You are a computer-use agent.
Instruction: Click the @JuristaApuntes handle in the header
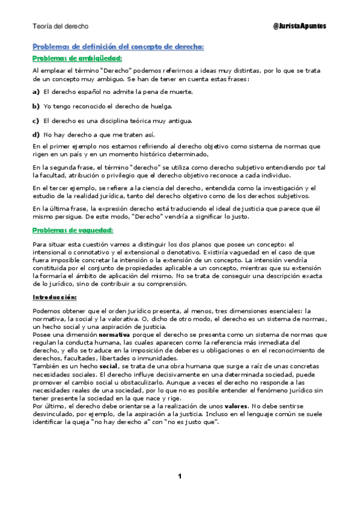tap(300, 27)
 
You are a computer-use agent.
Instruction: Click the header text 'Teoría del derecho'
tap(60, 27)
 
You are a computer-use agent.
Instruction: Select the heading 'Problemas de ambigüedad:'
tap(77, 58)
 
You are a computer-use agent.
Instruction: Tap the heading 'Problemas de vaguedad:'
tap(73, 230)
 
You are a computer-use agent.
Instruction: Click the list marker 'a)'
tap(36, 92)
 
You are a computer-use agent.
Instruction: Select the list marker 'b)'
tap(36, 106)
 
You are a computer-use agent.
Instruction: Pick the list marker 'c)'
tap(36, 121)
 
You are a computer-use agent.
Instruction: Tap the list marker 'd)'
tap(36, 135)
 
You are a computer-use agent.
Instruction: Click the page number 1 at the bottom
tap(179, 477)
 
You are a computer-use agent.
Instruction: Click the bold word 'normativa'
tap(114, 334)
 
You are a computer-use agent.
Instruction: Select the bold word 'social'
tap(108, 366)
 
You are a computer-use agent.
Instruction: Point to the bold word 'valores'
tap(228, 406)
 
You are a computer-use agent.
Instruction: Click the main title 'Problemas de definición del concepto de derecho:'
tap(118, 46)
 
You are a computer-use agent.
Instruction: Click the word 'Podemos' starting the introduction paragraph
tap(46, 310)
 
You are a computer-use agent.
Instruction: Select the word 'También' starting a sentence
tap(46, 366)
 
